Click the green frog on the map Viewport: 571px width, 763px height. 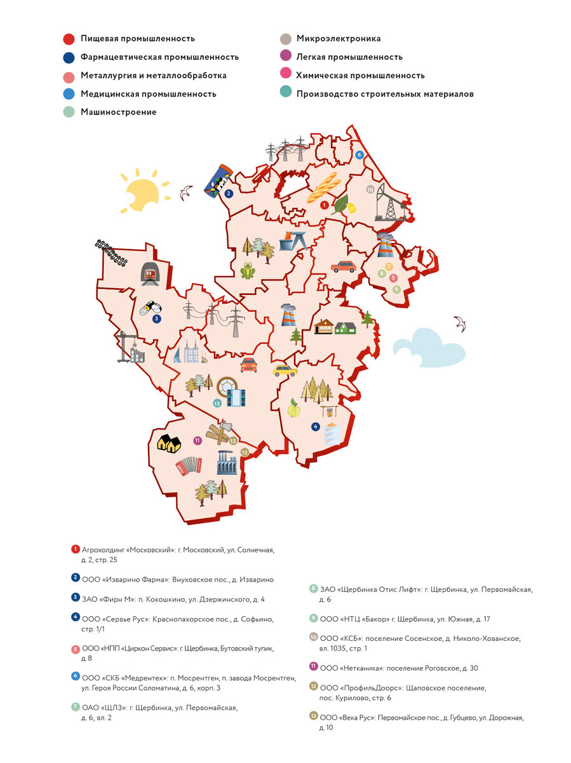[x=247, y=272]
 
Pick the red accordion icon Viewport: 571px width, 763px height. [x=189, y=465]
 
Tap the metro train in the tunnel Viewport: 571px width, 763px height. [x=150, y=273]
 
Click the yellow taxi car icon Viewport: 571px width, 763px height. [x=285, y=369]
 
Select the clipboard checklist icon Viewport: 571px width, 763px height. [x=332, y=433]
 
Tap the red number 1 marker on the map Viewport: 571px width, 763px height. [x=324, y=205]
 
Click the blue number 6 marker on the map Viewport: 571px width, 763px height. [x=359, y=155]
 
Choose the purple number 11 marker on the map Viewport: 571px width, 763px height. [x=198, y=440]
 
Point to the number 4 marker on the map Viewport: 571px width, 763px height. [x=315, y=427]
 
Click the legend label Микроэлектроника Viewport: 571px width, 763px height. [x=339, y=39]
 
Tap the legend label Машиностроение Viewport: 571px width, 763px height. [x=118, y=112]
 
